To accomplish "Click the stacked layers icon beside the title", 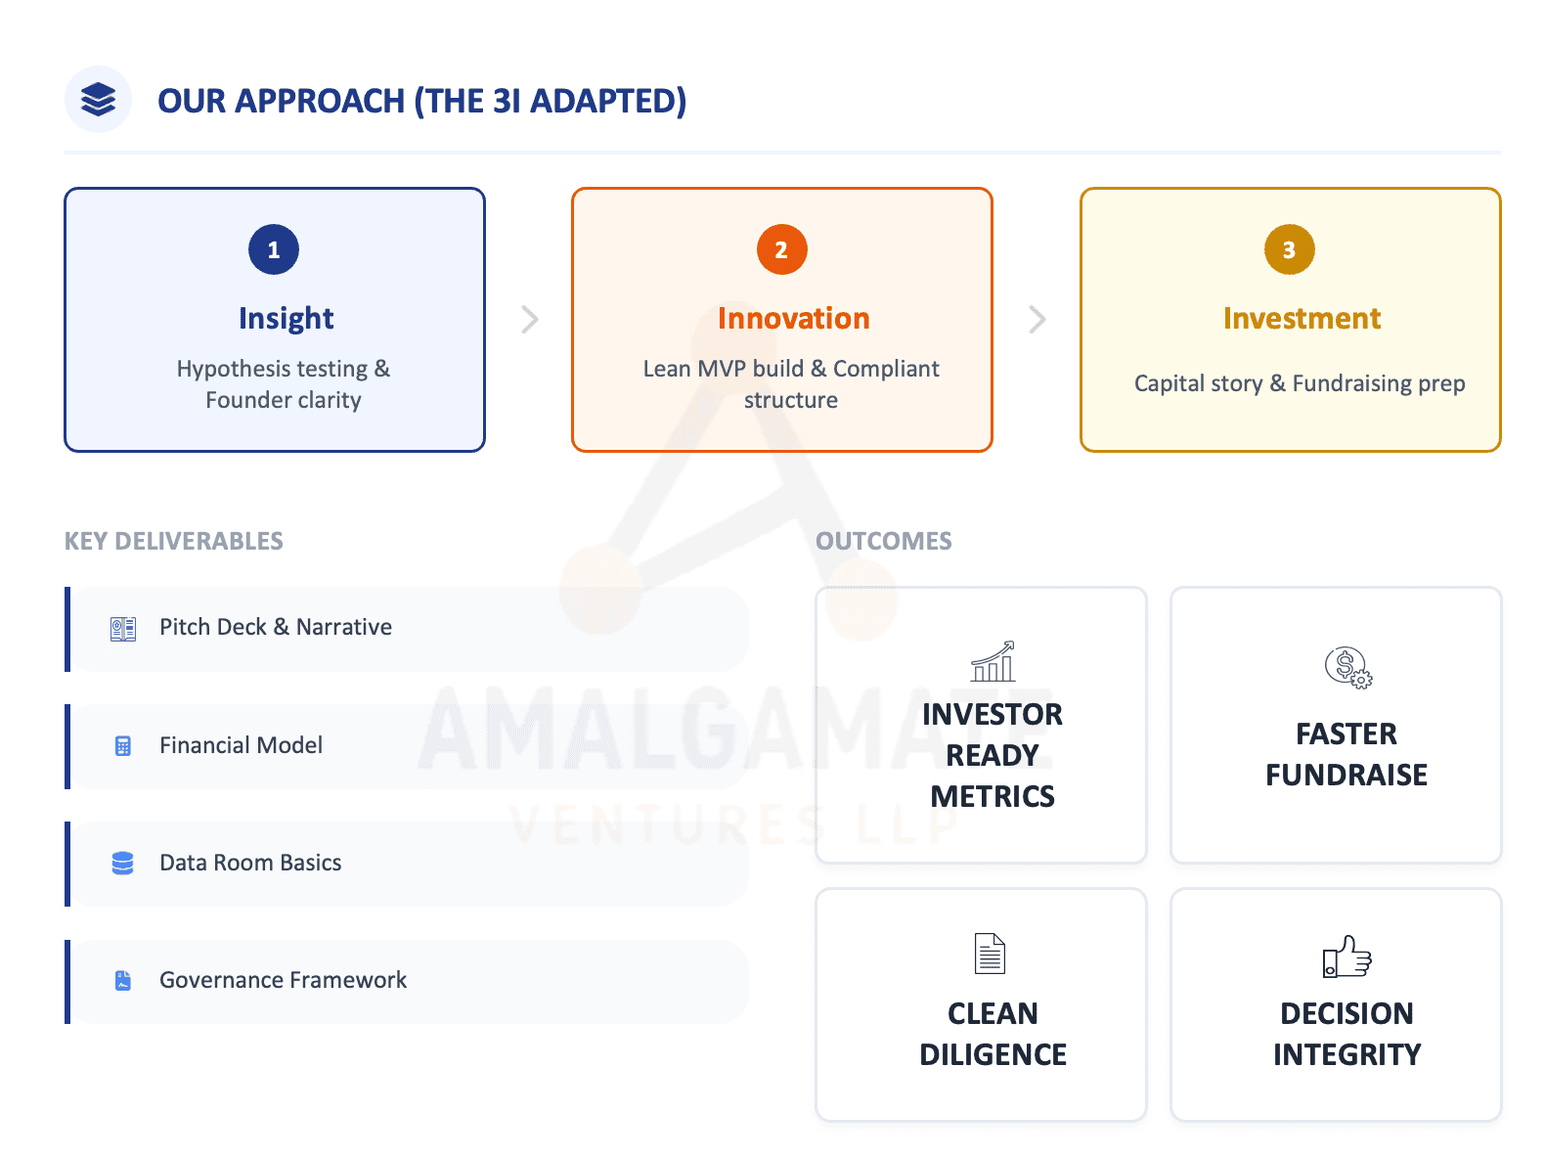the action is click(x=98, y=99).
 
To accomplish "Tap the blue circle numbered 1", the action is click(x=273, y=249).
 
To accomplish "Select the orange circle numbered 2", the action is click(x=781, y=249).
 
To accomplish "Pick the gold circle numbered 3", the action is click(x=1289, y=249).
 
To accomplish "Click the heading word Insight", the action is click(x=286, y=319).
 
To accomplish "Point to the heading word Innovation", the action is click(x=793, y=318).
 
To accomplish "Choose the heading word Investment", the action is click(x=1302, y=318).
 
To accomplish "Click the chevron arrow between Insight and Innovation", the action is click(x=529, y=319).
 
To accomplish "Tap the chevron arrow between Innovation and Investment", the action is click(x=1037, y=319).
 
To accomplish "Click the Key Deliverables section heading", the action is click(x=173, y=541).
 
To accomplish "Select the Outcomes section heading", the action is click(x=883, y=541).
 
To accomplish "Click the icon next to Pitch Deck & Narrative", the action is click(x=122, y=629).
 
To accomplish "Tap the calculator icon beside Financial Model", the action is click(x=122, y=745).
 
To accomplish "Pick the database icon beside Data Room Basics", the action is click(x=122, y=863).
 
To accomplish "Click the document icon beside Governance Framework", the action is click(x=122, y=980).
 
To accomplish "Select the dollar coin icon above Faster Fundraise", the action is click(x=1347, y=667).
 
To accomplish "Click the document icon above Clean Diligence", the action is click(x=990, y=954).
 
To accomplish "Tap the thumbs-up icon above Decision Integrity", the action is click(x=1346, y=956).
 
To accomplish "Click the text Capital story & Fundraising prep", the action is click(x=1300, y=383).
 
